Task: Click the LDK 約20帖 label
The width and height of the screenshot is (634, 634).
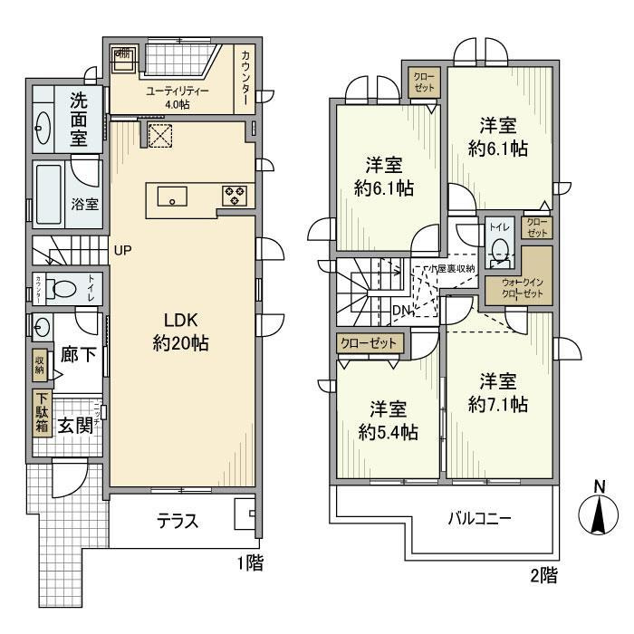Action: point(188,331)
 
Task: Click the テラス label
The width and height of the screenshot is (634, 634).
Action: point(178,522)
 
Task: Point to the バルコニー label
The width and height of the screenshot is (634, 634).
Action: point(480,520)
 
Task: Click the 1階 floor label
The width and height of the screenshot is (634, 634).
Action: point(250,563)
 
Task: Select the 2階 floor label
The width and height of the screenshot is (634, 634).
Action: point(543,573)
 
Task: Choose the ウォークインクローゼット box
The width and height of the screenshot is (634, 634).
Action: point(515,289)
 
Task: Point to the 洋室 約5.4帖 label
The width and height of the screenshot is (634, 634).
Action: point(388,419)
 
